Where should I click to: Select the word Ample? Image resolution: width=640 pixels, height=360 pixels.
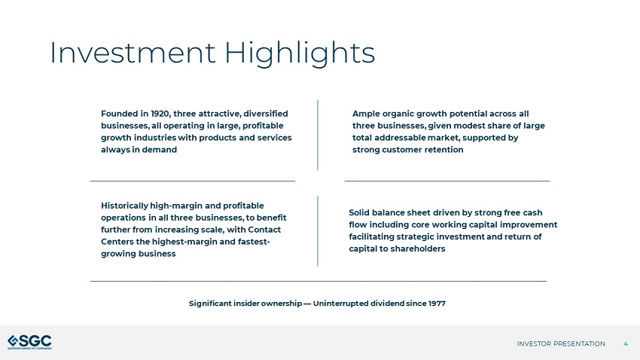(x=368, y=113)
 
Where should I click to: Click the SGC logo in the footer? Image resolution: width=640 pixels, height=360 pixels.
(x=30, y=342)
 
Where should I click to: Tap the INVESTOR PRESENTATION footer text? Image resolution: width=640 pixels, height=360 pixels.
(x=561, y=343)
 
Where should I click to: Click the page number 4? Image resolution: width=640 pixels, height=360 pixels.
(x=626, y=343)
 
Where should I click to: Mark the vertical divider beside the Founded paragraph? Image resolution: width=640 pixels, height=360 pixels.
(x=318, y=134)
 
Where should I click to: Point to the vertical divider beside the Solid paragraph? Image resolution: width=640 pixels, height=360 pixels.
(x=318, y=230)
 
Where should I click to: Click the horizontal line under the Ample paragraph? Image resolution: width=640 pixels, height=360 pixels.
(x=446, y=181)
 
